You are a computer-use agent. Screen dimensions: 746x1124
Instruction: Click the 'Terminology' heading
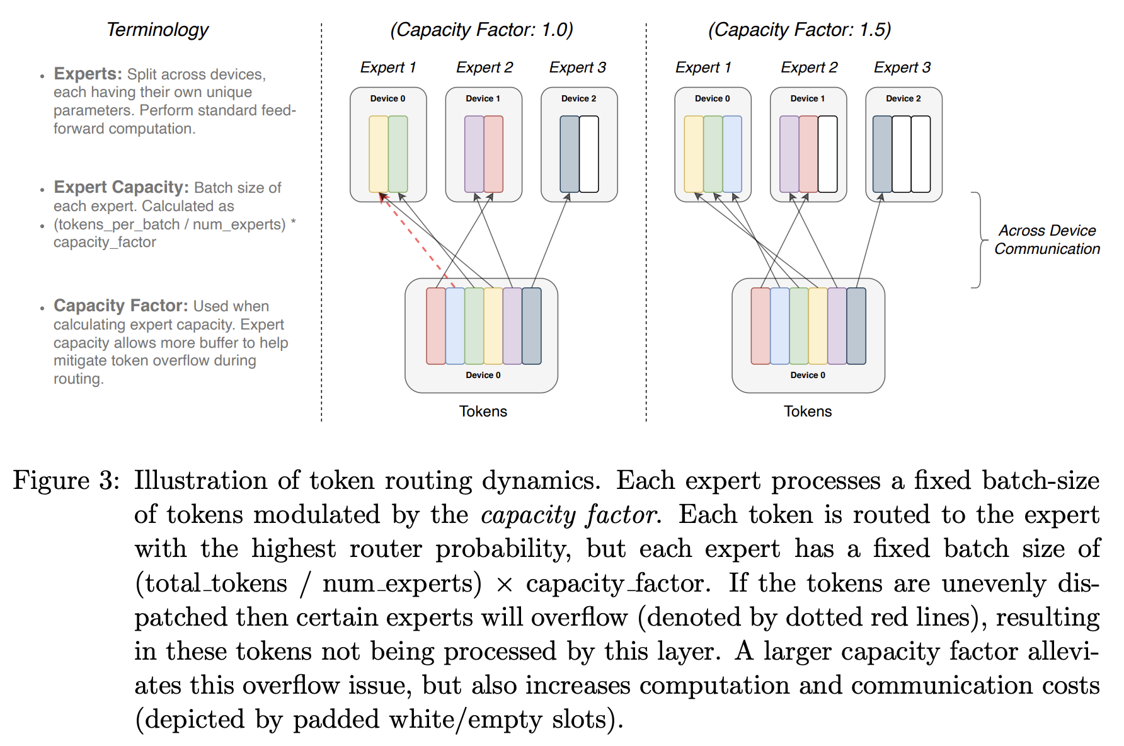tap(158, 30)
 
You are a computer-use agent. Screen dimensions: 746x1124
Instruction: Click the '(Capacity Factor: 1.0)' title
tap(481, 30)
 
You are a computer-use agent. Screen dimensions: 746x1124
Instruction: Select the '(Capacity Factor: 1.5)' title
tap(799, 30)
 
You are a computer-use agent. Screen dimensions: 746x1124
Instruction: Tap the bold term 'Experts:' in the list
tap(88, 74)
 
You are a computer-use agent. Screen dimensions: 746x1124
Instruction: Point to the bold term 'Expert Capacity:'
tap(121, 187)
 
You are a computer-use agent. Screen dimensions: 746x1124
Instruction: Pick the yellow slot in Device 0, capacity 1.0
tap(379, 154)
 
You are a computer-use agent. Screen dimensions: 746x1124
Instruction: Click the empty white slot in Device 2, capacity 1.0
tap(589, 154)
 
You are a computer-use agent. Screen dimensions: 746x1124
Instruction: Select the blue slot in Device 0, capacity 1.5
tap(732, 154)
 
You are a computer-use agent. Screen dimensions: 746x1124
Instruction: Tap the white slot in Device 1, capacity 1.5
tap(827, 154)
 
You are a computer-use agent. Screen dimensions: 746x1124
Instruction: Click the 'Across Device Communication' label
tap(1047, 239)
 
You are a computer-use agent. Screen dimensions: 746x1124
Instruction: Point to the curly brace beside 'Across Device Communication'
tap(979, 240)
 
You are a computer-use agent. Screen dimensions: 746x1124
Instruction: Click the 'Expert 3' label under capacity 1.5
tap(902, 67)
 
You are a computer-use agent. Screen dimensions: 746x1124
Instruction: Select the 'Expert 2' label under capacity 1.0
tap(485, 67)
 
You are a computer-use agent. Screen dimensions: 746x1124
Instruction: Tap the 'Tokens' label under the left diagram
tap(483, 411)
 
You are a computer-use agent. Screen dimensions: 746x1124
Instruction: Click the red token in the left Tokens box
tap(436, 326)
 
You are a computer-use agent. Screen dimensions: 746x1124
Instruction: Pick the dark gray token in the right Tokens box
tap(856, 326)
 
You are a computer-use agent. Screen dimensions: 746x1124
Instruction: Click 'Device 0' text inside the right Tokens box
tap(808, 375)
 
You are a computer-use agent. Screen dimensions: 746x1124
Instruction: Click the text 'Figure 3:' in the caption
tap(66, 480)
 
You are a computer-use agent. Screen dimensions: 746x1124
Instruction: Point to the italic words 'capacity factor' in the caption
tap(570, 515)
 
